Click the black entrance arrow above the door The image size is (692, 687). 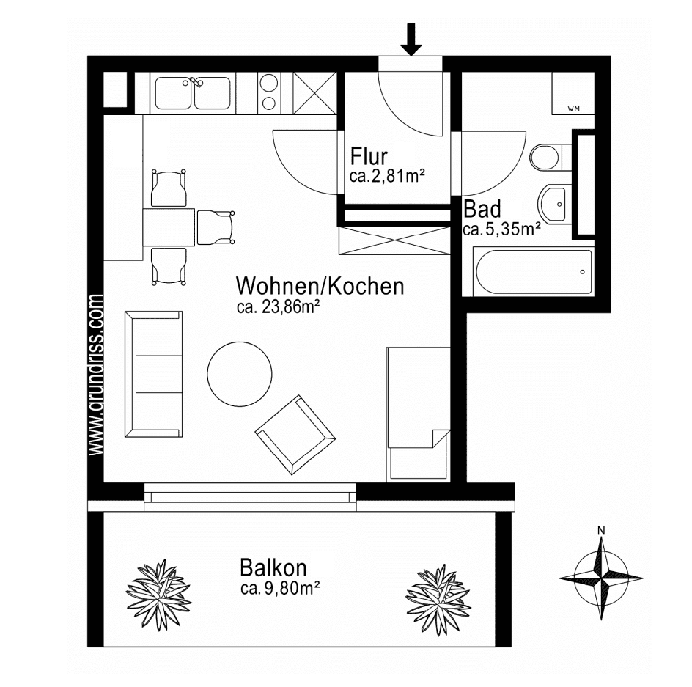click(x=411, y=40)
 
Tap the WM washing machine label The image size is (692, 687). click(x=573, y=109)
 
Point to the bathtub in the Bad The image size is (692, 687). click(x=534, y=271)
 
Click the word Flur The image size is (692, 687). click(x=369, y=157)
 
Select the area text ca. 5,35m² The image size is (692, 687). click(x=501, y=229)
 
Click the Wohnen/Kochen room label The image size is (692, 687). click(x=319, y=286)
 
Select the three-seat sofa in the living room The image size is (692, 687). click(x=153, y=373)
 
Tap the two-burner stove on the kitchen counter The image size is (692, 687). click(x=270, y=93)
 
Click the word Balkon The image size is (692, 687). click(x=273, y=567)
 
